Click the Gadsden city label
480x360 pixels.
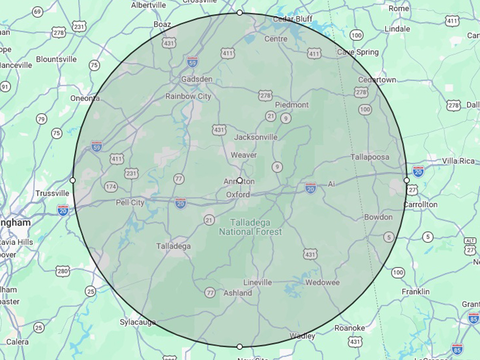click(x=196, y=79)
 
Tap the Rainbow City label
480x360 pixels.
click(x=188, y=96)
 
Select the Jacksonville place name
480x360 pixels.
click(x=256, y=137)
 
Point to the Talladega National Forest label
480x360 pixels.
click(x=250, y=227)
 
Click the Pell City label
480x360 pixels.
click(x=130, y=203)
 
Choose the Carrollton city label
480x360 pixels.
click(x=420, y=204)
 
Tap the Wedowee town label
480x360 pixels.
click(x=322, y=282)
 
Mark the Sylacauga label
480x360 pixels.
click(x=138, y=322)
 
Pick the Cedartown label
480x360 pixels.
click(x=377, y=80)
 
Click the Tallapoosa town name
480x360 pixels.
click(x=370, y=157)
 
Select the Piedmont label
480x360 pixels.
click(x=292, y=105)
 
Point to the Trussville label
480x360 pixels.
click(x=52, y=193)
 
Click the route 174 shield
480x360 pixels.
click(x=111, y=187)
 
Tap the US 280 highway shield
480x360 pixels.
click(x=63, y=272)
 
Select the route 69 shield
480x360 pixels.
click(x=38, y=12)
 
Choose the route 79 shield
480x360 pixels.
click(x=41, y=119)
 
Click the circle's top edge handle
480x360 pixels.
click(x=240, y=13)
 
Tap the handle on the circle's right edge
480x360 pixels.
click(x=406, y=180)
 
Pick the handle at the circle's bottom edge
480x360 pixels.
click(x=240, y=346)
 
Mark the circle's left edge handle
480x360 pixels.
click(x=72, y=180)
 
